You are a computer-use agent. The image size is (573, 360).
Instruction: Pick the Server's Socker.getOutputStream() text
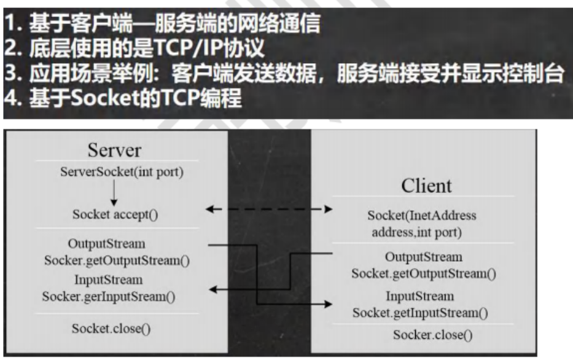pos(117,260)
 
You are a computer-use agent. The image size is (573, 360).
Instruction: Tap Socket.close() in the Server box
pos(111,328)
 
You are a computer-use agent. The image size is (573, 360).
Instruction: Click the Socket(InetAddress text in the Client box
pos(423,216)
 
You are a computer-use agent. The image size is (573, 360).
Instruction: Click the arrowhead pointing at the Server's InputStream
pos(213,289)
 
